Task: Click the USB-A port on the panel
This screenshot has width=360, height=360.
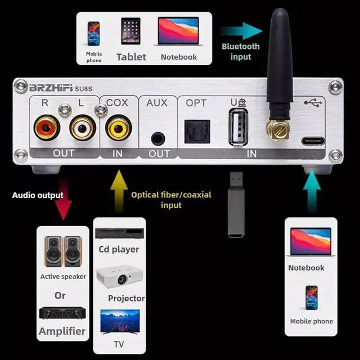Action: point(237,129)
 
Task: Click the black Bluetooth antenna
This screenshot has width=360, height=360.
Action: point(280,62)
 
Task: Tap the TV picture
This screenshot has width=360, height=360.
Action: point(119,322)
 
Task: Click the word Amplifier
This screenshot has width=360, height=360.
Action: point(62,331)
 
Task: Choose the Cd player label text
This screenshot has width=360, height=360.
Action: point(119,249)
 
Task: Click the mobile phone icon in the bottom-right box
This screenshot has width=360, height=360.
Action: point(311,298)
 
